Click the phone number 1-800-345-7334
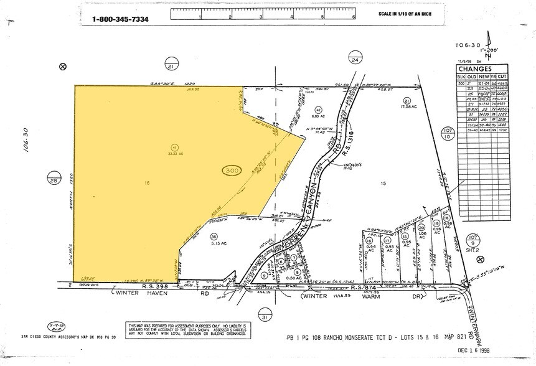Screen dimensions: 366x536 121,19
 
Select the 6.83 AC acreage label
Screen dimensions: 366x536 314,116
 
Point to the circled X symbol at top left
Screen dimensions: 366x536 62,67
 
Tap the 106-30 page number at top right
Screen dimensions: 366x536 468,45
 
